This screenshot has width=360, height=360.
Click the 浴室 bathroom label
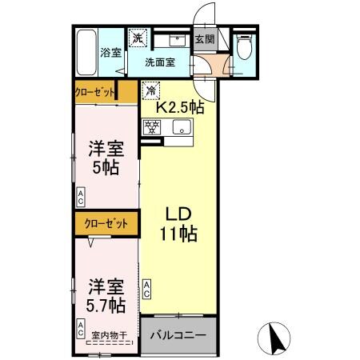click(110, 53)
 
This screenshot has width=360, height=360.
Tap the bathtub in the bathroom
click(86, 52)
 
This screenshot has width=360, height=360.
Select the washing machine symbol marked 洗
click(137, 38)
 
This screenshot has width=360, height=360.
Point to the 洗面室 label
click(160, 62)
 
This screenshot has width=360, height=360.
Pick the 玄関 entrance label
click(205, 38)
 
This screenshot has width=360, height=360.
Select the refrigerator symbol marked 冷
click(150, 90)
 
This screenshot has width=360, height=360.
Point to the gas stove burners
click(152, 126)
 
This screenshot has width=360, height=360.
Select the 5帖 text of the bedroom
click(106, 169)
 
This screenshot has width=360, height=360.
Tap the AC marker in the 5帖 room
click(82, 194)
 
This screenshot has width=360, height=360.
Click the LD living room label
click(179, 215)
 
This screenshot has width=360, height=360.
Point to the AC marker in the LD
click(147, 287)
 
